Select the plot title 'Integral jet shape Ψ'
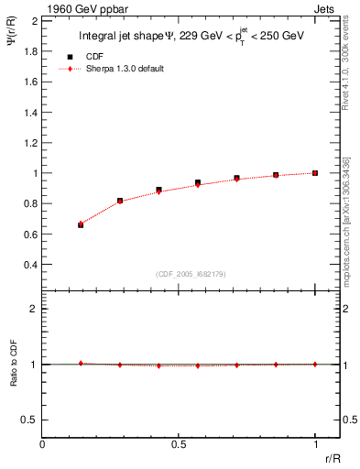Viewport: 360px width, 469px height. coord(125,37)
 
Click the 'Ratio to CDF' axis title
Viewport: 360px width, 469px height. coord(14,381)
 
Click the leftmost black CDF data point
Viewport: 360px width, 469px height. coord(82,224)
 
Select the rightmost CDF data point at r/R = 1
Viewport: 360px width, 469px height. coord(315,172)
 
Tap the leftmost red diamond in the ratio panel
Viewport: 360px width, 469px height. coord(82,363)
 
